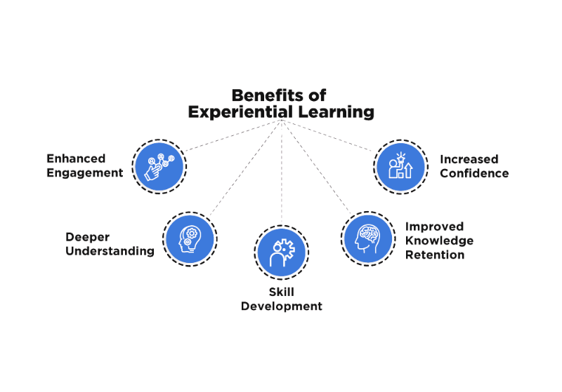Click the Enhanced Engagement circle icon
click(x=159, y=166)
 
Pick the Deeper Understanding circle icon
click(x=190, y=238)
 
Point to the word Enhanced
click(x=76, y=158)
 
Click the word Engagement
click(x=84, y=172)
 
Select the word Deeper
click(x=89, y=237)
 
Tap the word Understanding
click(x=110, y=251)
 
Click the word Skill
click(x=282, y=292)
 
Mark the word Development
click(x=282, y=306)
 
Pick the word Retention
click(x=436, y=255)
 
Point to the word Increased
click(x=469, y=159)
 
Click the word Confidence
click(x=474, y=173)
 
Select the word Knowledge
click(x=440, y=241)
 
